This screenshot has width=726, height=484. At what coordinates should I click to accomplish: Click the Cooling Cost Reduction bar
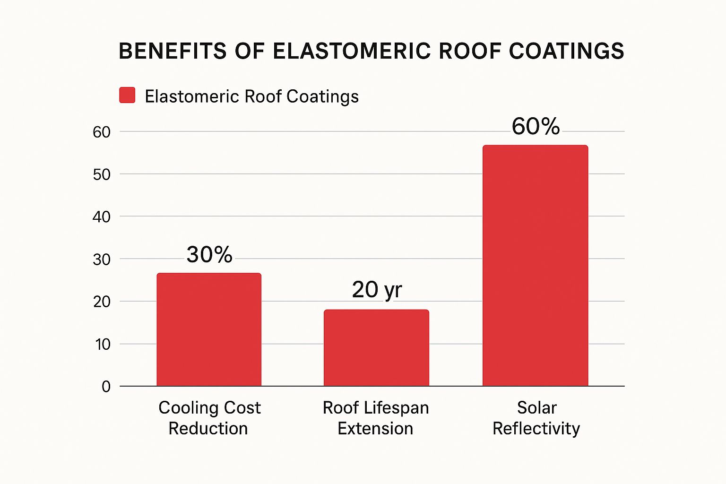pos(209,329)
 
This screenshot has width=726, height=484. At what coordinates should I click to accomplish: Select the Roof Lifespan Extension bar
pos(376,348)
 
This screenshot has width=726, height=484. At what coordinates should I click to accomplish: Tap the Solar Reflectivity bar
pos(535,266)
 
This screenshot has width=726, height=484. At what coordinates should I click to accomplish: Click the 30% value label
pos(209,255)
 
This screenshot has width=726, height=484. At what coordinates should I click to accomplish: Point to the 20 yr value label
pos(377,289)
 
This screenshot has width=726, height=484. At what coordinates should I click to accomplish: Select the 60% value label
pos(536,126)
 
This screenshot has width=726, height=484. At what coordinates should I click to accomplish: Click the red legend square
pos(128,95)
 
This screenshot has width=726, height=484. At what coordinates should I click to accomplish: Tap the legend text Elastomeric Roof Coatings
pos(251,96)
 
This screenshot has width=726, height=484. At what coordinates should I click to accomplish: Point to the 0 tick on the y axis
pos(106,387)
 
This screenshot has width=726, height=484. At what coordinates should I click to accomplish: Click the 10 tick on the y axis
pos(103,344)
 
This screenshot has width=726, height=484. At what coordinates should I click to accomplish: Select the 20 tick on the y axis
pos(102,302)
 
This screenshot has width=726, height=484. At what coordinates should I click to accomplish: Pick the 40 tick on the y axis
pos(102,217)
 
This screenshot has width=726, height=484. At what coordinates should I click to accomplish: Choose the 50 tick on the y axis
pos(102,174)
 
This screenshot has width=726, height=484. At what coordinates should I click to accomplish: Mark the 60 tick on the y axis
pos(102,132)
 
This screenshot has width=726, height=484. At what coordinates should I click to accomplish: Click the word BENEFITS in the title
pos(173,51)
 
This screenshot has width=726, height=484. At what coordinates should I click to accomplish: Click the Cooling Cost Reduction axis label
pos(209,418)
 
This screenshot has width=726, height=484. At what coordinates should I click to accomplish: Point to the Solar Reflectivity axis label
pos(536,418)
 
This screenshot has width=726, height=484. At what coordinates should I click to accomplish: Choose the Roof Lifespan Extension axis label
pos(376,418)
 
